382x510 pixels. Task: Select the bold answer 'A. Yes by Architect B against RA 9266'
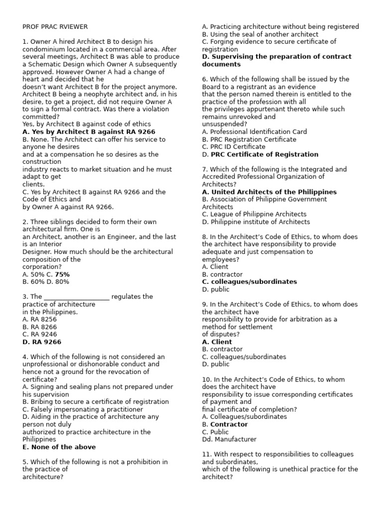coord(85,132)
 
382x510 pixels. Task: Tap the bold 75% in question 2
coord(62,274)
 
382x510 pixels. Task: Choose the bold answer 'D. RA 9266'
coord(42,342)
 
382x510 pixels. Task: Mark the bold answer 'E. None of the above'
coord(59,447)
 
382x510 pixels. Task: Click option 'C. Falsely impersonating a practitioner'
coord(83,409)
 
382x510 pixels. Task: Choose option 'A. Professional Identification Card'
coord(254,132)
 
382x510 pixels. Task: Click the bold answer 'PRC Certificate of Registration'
coord(265,154)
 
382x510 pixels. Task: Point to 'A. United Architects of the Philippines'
coord(269,192)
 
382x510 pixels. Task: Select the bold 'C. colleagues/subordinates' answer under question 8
coord(249,282)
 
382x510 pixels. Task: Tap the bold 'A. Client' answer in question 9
coord(217,342)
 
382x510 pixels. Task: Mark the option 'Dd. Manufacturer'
coord(229,440)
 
